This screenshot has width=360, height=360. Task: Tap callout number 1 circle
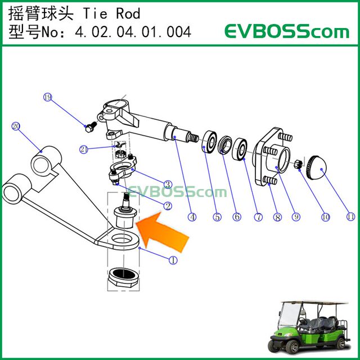[x=173, y=260]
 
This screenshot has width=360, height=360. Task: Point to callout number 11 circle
[x=350, y=215]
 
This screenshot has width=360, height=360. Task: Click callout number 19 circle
[x=48, y=97]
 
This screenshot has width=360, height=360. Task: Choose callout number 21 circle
[x=84, y=149]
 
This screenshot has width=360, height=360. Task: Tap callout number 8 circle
[x=276, y=216]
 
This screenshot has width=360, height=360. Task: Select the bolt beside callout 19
[x=89, y=128]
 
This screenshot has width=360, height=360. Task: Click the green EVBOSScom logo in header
[x=287, y=31]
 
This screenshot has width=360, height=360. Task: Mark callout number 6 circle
[x=236, y=216]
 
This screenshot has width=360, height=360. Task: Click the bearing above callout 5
[x=211, y=141]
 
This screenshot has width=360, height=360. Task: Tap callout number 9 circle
[x=296, y=216]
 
